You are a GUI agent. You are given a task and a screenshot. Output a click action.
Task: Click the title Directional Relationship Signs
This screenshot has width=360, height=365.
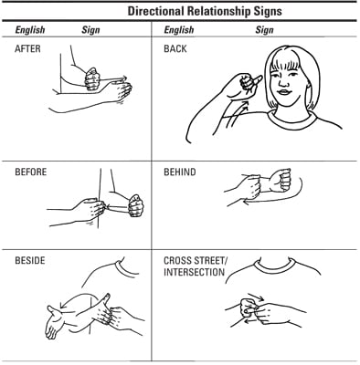tap(205, 11)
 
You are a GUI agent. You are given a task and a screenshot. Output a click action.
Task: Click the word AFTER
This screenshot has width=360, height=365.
tap(27, 48)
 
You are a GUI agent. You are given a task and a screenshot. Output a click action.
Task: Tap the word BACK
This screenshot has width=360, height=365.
tap(175, 48)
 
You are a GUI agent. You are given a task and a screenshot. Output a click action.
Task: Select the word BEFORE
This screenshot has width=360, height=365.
tap(31, 172)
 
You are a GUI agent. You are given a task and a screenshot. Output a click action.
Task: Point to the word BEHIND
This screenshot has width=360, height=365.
tap(180, 172)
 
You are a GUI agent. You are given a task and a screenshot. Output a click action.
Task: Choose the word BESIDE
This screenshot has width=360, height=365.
tap(30, 260)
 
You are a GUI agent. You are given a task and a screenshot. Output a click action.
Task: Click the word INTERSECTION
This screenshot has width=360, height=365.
tap(194, 272)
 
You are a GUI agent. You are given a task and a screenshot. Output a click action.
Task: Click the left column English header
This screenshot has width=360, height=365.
tap(30, 30)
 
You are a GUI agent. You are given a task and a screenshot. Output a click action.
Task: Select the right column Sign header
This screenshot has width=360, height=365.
tap(264, 30)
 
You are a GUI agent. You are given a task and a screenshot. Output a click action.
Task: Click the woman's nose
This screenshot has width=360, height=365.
tap(284, 81)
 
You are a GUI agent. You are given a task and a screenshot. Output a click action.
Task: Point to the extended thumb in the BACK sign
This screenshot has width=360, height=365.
tap(256, 80)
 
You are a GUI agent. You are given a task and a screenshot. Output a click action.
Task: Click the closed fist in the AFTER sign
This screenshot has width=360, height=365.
tap(92, 79)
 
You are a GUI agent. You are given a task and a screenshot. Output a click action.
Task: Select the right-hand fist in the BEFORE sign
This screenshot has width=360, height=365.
tap(136, 205)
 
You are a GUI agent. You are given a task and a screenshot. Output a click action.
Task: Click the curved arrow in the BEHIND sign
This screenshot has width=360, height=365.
tap(274, 196)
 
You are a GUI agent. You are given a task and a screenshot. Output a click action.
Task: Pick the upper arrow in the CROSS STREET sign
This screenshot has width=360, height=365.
tap(256, 297)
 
